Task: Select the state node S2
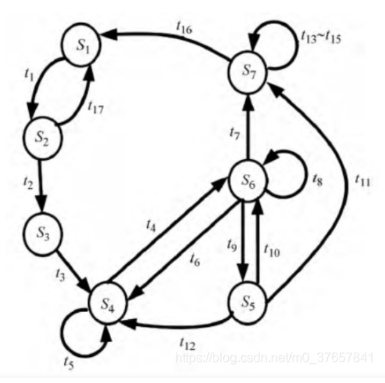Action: coord(42,139)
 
